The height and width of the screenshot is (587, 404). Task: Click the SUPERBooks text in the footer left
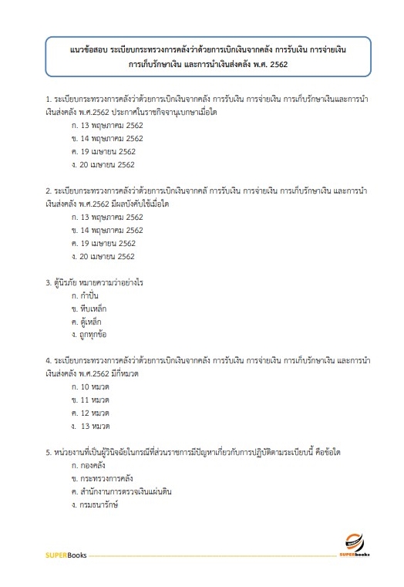click(65, 554)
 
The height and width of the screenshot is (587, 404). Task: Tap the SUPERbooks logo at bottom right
click(356, 545)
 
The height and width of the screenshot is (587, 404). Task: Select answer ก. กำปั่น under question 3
click(86, 295)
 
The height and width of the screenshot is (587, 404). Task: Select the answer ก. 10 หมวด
click(91, 386)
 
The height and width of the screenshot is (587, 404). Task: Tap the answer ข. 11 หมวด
click(91, 400)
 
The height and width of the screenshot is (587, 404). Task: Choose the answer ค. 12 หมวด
click(91, 413)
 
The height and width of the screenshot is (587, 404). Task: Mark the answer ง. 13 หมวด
click(92, 426)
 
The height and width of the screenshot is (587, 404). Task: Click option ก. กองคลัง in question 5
click(89, 465)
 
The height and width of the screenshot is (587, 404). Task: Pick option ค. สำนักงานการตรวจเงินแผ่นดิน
click(123, 491)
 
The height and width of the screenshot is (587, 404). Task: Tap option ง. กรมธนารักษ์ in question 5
click(95, 504)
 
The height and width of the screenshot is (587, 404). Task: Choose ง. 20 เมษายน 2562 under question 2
click(103, 256)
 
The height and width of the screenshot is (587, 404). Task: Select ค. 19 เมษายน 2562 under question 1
click(103, 152)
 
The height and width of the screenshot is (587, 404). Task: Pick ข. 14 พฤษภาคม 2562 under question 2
click(106, 230)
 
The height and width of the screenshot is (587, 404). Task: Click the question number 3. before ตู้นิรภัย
click(48, 282)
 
